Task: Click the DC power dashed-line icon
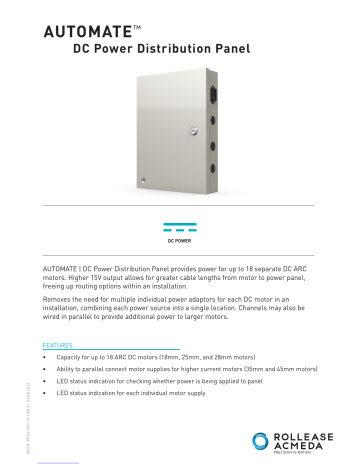point(180,226)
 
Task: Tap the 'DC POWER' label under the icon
point(180,242)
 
